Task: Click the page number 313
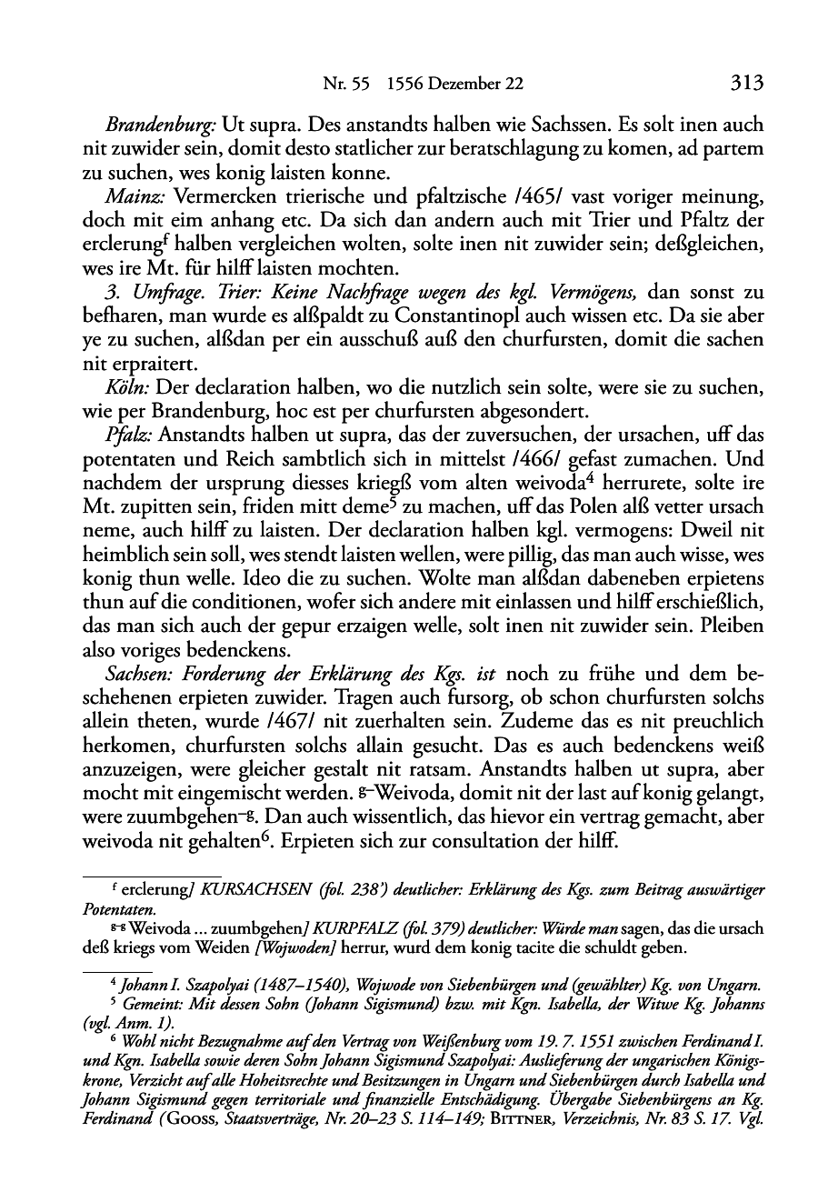[744, 85]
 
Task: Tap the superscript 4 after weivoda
[556, 476]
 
